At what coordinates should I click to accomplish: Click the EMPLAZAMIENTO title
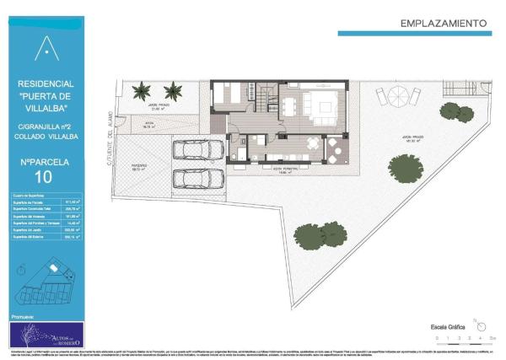(x=444, y=23)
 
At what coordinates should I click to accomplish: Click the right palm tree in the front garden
(x=173, y=89)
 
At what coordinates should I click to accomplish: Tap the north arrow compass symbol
(x=478, y=323)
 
